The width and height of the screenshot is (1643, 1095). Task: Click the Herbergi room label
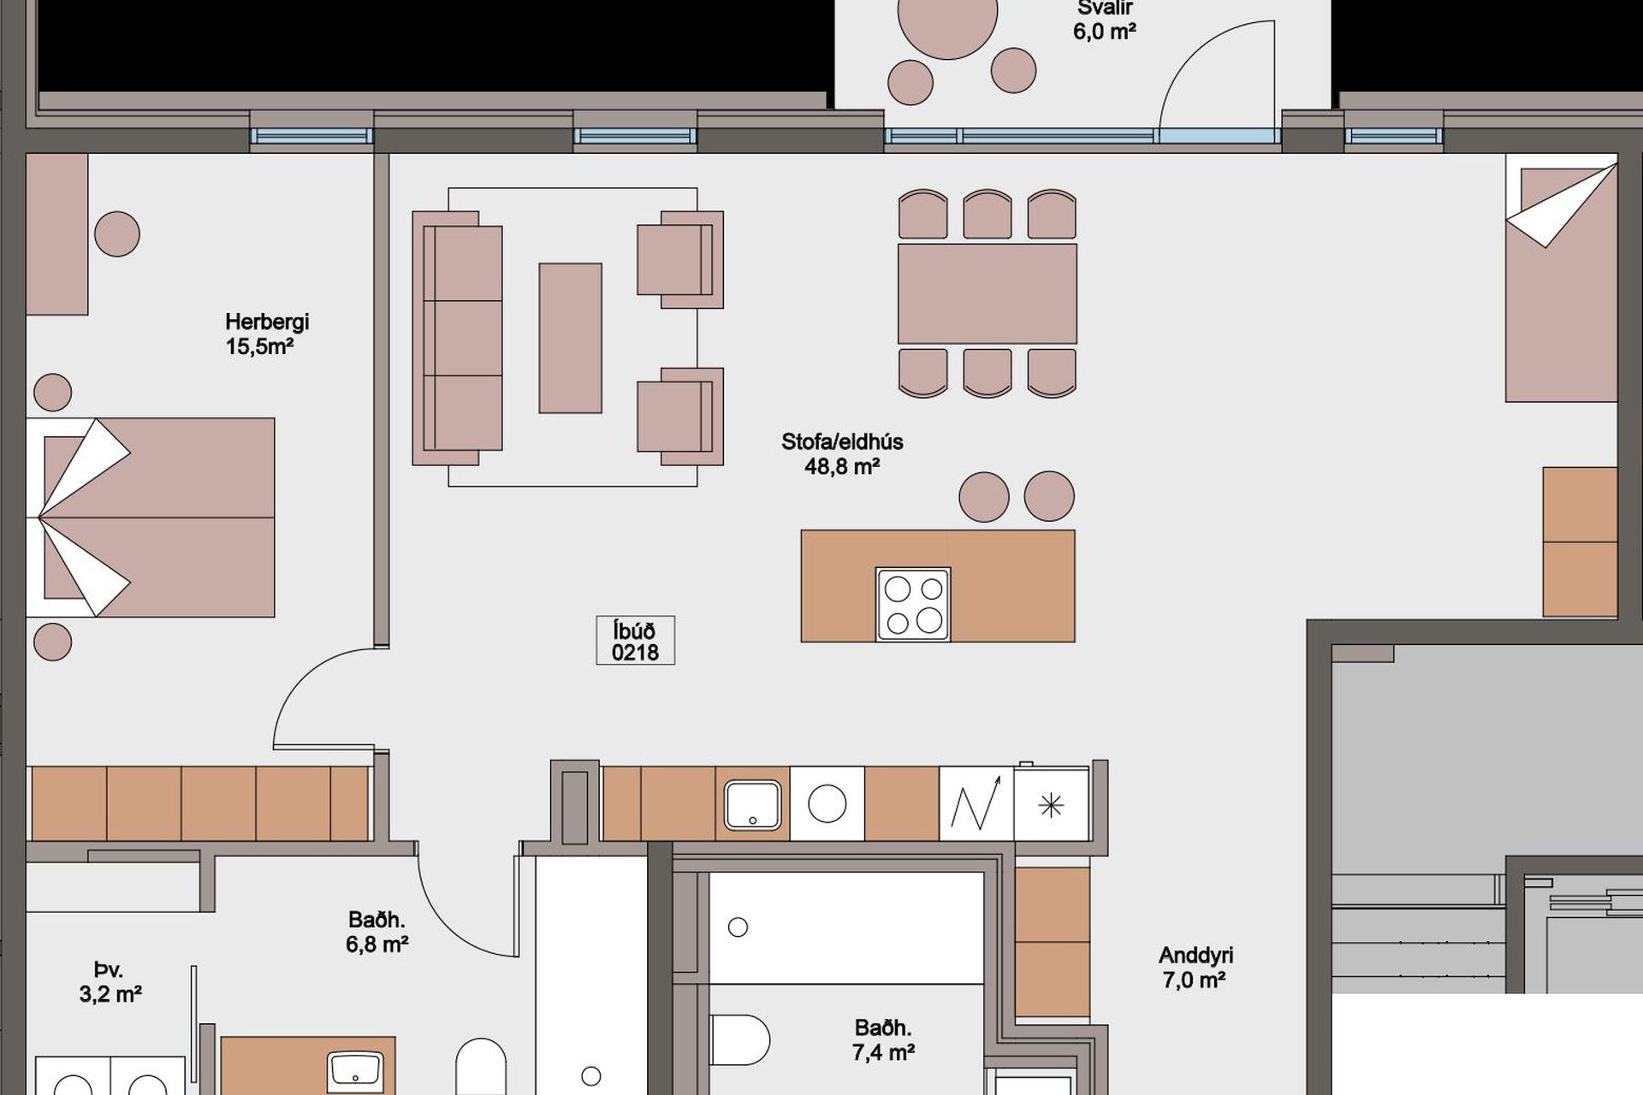267,322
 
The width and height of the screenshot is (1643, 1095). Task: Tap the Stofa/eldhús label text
842,441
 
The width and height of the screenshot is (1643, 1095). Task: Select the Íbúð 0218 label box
635,641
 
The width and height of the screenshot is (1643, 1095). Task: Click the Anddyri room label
1195,956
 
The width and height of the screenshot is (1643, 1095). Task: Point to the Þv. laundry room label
109,970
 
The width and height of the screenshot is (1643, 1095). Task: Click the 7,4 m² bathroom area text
883,1052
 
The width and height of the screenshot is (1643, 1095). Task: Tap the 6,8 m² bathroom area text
377,944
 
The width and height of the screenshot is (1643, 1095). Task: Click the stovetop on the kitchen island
913,604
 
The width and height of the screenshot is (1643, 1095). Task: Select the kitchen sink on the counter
752,804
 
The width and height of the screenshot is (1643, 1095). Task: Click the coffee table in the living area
570,338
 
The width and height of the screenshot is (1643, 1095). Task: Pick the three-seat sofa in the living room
458,338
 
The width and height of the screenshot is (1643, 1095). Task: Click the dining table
988,293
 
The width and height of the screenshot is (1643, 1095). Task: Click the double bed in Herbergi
151,518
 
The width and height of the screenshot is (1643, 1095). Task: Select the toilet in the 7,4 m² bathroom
740,1039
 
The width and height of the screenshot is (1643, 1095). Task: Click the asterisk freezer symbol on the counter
1051,805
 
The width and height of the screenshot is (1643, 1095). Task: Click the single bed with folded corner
1562,278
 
